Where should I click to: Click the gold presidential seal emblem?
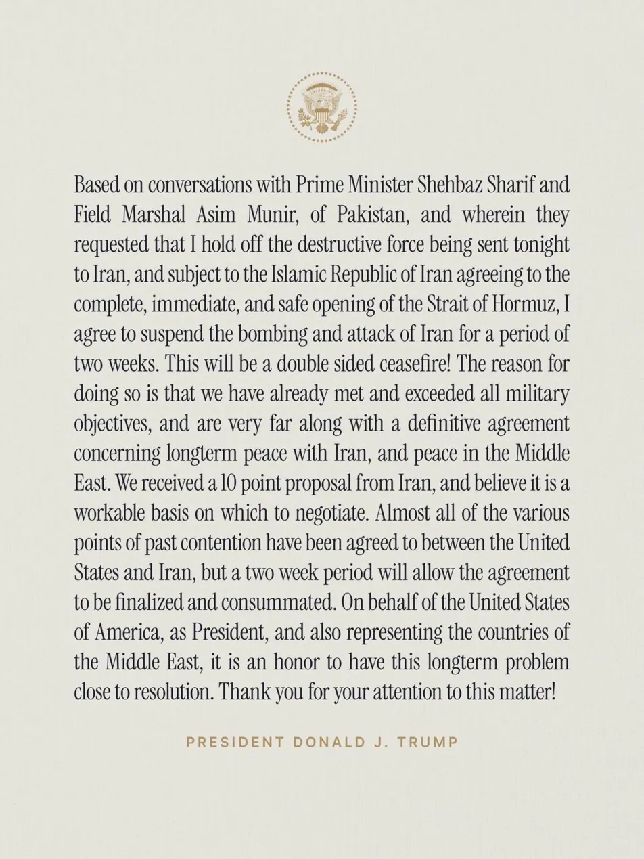321,107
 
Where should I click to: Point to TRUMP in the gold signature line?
430,742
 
